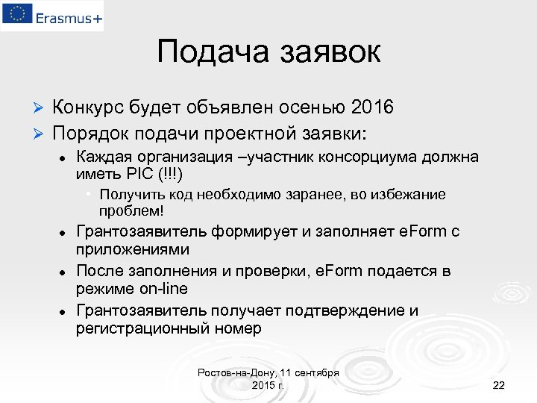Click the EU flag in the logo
coord(16,14)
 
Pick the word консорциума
coord(365,157)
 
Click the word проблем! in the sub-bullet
coord(131,210)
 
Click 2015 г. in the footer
coord(268,384)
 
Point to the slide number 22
coord(499,385)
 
